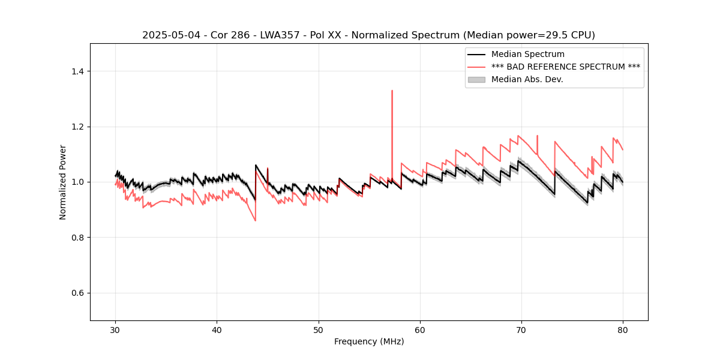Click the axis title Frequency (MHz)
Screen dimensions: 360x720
coord(369,341)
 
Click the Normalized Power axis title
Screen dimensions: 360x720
coord(63,182)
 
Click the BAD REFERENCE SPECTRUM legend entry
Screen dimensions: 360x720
coord(565,67)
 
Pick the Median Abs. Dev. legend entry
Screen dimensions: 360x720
coord(527,79)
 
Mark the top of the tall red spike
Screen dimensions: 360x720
coord(392,91)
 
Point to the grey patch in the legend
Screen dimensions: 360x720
coord(476,79)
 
